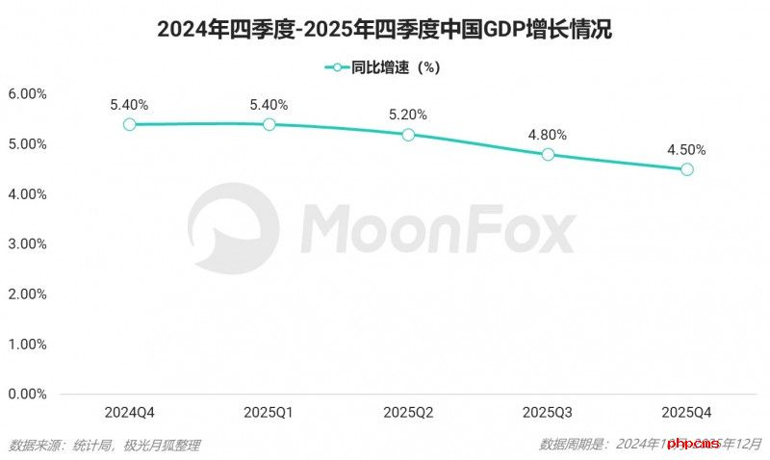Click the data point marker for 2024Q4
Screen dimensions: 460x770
click(129, 124)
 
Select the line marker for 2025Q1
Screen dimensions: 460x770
click(269, 124)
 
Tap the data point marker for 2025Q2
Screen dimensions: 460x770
click(408, 135)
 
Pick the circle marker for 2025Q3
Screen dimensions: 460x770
click(548, 154)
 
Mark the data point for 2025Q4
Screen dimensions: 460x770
click(687, 169)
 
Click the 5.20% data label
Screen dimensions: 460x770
click(408, 115)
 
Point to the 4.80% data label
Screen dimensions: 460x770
click(548, 135)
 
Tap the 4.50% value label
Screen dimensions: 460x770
click(687, 149)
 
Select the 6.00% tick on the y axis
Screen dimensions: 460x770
click(27, 94)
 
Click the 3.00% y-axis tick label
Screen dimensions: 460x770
click(27, 244)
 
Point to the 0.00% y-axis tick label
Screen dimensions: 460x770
click(27, 395)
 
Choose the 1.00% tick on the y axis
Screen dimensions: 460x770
click(27, 345)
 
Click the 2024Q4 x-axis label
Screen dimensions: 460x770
click(129, 412)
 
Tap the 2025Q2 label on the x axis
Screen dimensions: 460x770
click(408, 412)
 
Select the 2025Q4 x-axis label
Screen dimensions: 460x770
click(687, 412)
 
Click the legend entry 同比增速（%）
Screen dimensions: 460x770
click(385, 67)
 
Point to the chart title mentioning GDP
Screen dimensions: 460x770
click(385, 30)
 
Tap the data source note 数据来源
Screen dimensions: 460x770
click(105, 445)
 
